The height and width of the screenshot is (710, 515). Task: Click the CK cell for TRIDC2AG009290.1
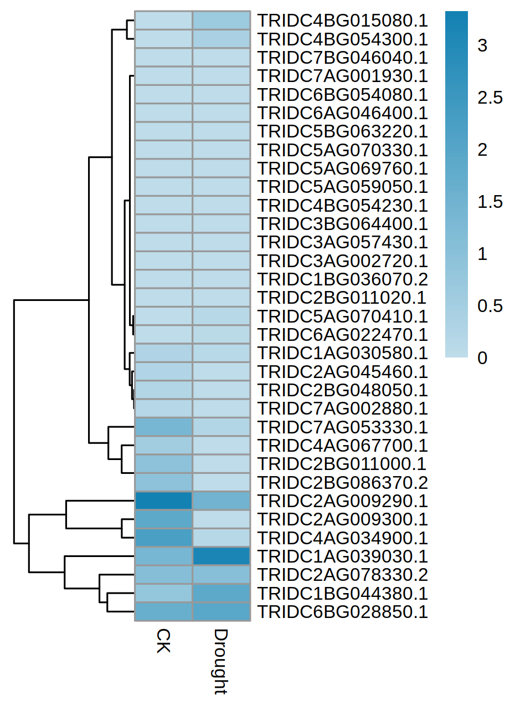[163, 500]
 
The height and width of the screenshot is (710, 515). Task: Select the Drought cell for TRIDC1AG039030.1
[222, 556]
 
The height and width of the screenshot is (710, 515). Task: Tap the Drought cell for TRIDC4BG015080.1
[222, 21]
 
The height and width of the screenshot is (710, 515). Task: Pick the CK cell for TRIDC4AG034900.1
[163, 538]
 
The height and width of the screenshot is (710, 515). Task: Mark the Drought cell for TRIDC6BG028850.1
[222, 611]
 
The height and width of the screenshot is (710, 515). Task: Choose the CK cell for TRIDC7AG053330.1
[163, 427]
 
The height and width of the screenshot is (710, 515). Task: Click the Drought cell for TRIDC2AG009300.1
[222, 519]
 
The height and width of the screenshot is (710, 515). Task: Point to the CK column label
[162, 640]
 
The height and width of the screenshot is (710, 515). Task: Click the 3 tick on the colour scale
[482, 46]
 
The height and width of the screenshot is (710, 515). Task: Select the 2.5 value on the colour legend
[490, 98]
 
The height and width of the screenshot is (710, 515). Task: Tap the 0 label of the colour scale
[482, 358]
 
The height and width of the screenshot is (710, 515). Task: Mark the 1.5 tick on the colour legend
[490, 202]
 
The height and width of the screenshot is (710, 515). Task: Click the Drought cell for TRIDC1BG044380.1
[222, 593]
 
